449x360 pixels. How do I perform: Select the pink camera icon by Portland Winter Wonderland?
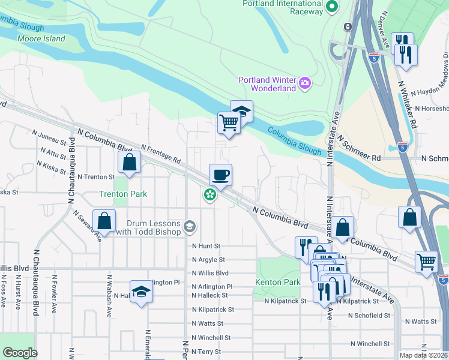305,82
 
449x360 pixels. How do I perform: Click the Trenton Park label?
122,194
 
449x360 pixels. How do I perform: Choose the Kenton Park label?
277,282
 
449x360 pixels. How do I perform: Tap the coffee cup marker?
220,175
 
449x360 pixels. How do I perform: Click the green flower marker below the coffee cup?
209,195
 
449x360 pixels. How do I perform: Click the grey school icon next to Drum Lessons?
190,226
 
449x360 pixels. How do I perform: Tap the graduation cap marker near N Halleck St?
141,291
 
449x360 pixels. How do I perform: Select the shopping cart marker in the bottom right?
426,260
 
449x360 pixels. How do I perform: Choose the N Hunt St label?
206,246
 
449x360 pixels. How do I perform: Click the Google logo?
20,353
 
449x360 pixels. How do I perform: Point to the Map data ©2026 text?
423,355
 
